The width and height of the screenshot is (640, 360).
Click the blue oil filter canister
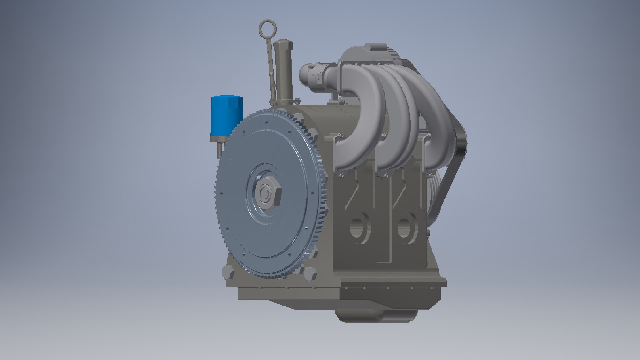[226, 115]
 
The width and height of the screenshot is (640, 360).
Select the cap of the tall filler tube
[282, 45]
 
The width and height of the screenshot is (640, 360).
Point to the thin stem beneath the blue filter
[219, 148]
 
